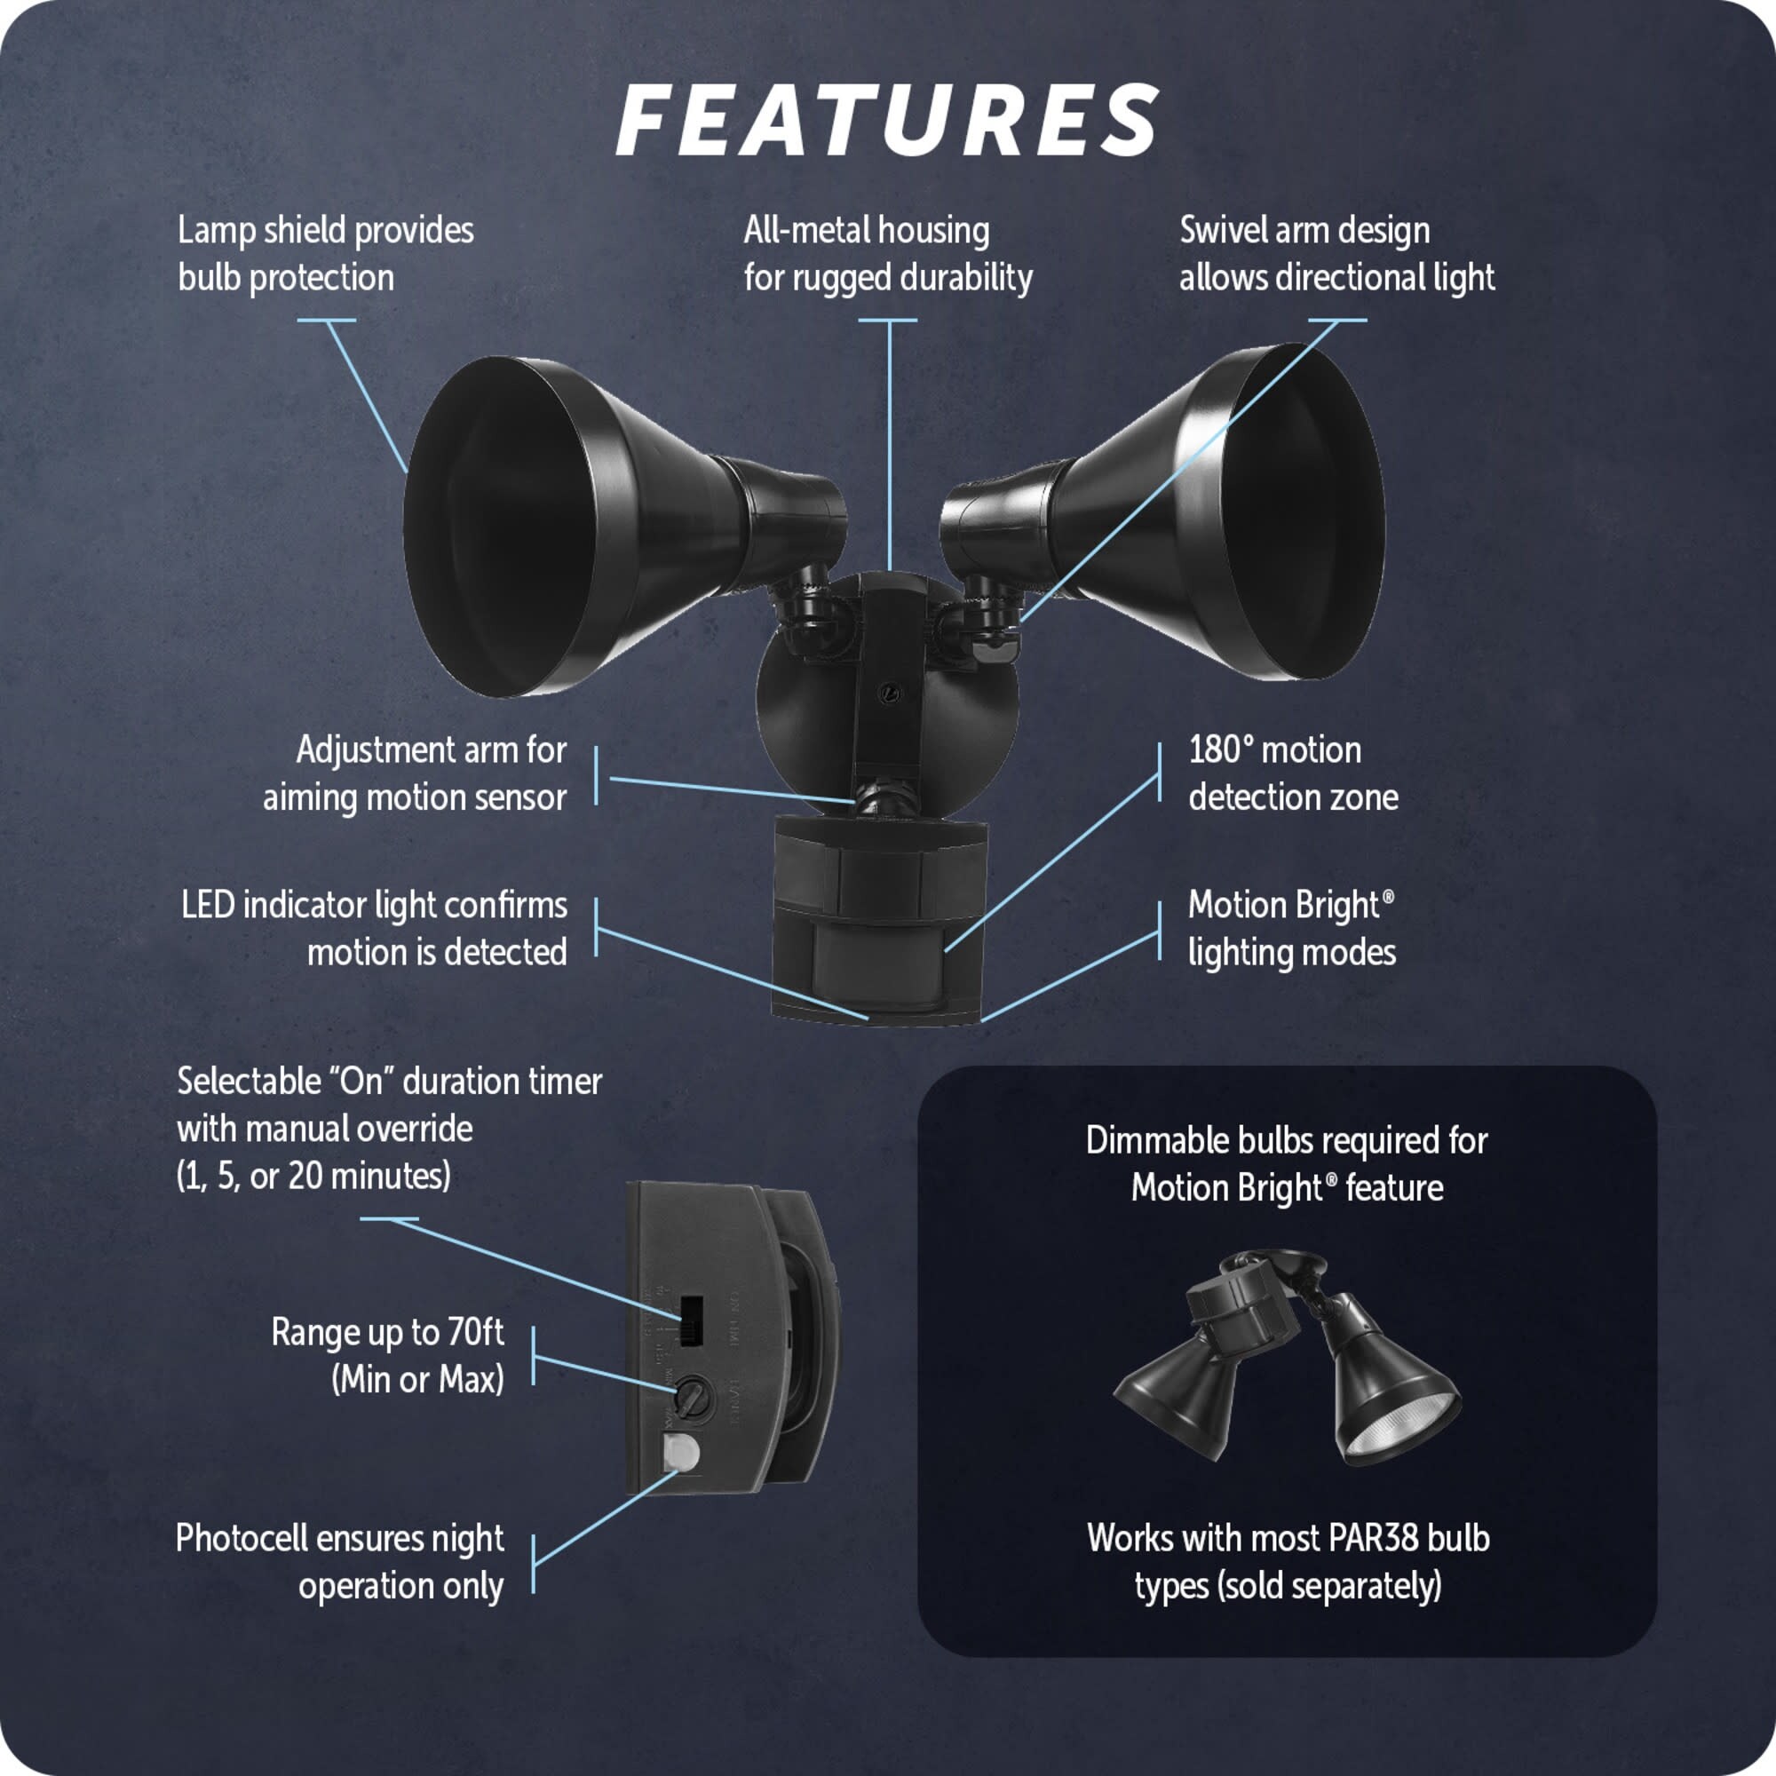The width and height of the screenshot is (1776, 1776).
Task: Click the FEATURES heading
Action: [x=887, y=121]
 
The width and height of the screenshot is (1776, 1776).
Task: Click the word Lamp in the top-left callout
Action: [x=216, y=230]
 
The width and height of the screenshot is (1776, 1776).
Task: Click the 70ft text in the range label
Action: [x=475, y=1332]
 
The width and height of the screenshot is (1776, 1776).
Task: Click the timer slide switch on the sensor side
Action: [x=690, y=1322]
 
